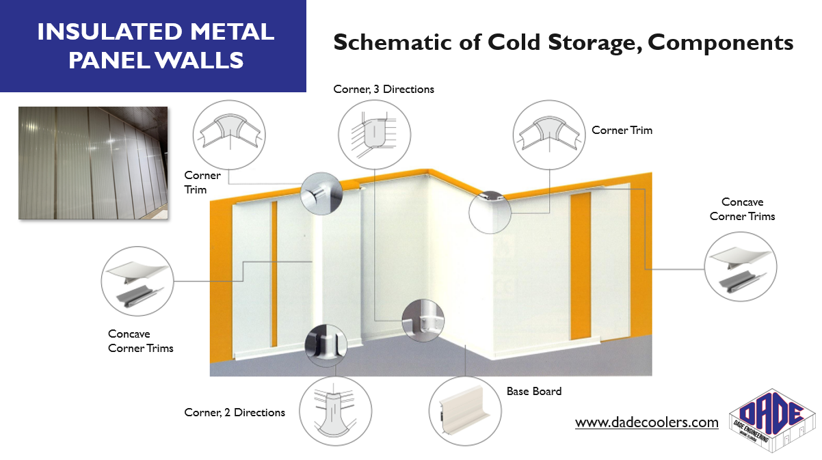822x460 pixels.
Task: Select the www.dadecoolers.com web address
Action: coord(646,422)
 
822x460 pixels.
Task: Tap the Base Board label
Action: coord(533,392)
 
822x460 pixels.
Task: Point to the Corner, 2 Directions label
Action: coord(235,412)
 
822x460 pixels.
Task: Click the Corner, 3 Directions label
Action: coord(384,90)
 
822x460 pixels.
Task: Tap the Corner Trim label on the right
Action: coord(622,130)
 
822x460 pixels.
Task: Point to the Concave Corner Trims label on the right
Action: coord(742,209)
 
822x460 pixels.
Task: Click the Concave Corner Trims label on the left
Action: coord(141,341)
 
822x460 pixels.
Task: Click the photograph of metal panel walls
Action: coord(92,163)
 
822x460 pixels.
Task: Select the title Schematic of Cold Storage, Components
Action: coord(563,42)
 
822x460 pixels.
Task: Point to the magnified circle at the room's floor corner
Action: coord(422,320)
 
